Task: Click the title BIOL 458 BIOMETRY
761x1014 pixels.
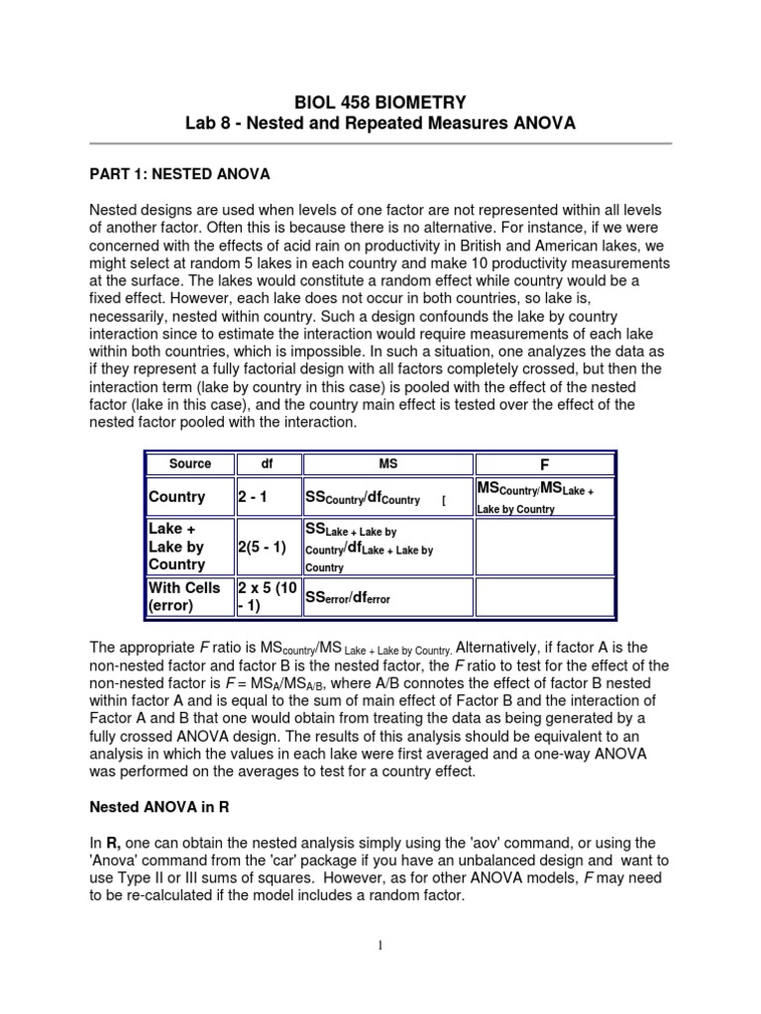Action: (x=380, y=102)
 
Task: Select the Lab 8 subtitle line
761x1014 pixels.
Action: (x=380, y=124)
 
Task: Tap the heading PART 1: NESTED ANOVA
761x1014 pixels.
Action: (x=179, y=173)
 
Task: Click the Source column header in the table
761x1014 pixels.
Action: (x=190, y=463)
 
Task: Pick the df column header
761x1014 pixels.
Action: (x=268, y=463)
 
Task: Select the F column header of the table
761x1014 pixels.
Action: (x=544, y=463)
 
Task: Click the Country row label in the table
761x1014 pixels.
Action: (x=176, y=497)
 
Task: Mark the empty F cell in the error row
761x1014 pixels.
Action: (x=544, y=596)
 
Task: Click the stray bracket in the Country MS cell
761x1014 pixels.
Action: (x=444, y=501)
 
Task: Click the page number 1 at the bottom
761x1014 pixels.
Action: (x=380, y=946)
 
